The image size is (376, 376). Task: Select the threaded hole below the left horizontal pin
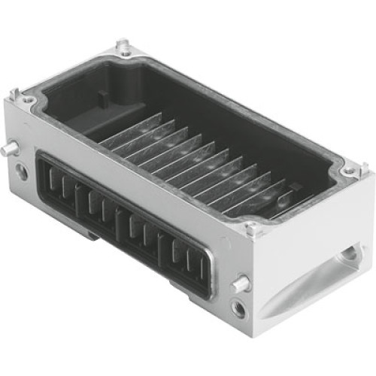[x=22, y=172]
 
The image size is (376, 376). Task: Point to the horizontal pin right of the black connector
[x=240, y=284]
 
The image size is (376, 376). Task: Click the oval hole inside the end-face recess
[x=348, y=256]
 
